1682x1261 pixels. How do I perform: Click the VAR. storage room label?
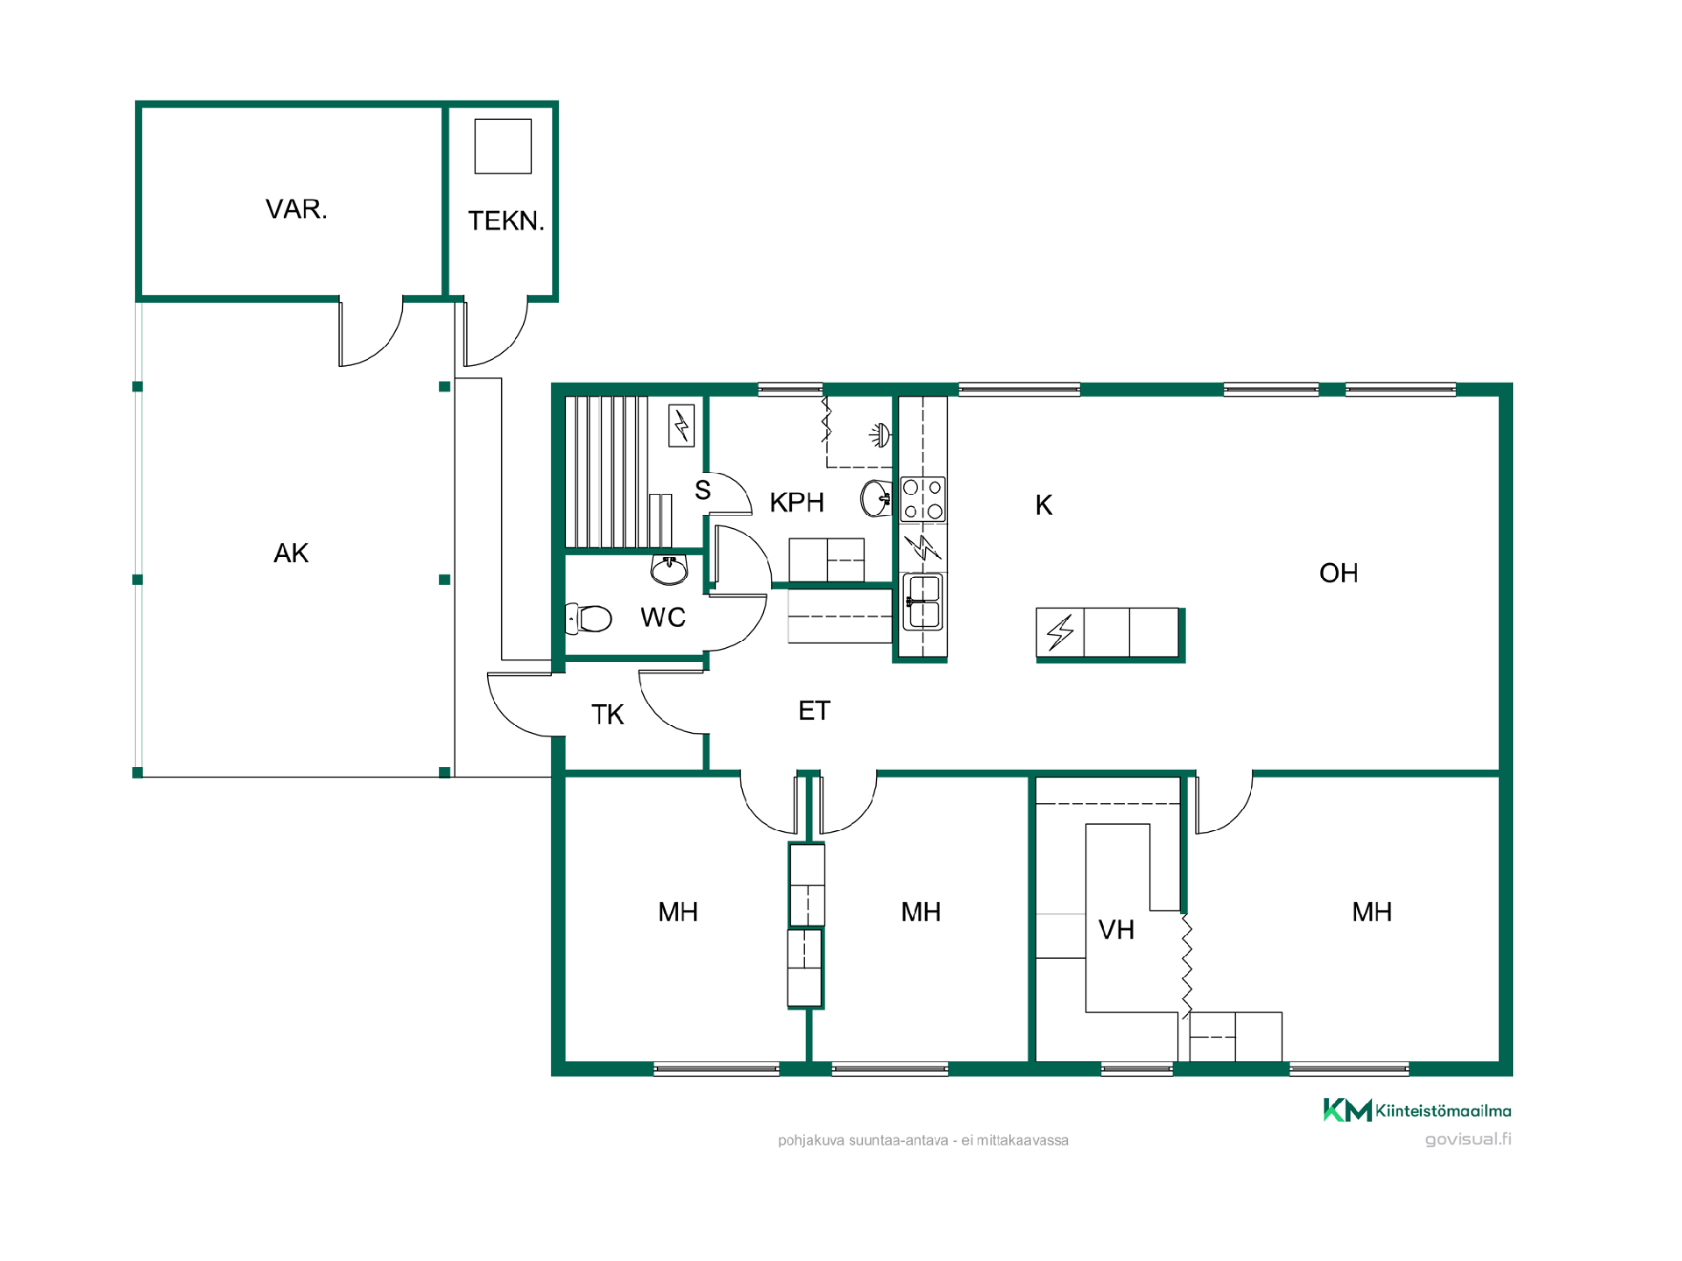pos(296,209)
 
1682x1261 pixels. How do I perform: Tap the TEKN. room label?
pos(506,221)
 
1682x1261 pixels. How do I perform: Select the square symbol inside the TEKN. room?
pos(503,146)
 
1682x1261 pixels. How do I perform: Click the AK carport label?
pos(291,553)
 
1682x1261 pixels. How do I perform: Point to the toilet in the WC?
pos(588,618)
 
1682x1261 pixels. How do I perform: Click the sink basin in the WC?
pos(669,570)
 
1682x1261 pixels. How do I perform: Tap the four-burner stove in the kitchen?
pos(923,499)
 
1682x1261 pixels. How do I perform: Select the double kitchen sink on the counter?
pos(923,602)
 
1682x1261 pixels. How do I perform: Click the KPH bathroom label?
pos(796,503)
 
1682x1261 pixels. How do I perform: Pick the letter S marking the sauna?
pos(703,490)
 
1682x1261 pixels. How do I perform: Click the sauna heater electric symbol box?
pos(682,426)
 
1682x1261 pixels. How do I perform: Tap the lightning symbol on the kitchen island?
pos(1060,631)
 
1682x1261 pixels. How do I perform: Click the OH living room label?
pos(1339,573)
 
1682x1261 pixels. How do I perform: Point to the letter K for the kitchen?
pos(1043,505)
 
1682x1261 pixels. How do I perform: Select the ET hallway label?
pos(814,710)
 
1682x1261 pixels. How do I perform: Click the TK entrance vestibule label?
pos(607,715)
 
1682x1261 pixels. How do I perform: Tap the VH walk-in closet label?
pos(1116,929)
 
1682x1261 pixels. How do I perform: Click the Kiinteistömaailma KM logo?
pos(1347,1110)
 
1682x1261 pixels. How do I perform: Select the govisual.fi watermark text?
pos(1468,1139)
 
